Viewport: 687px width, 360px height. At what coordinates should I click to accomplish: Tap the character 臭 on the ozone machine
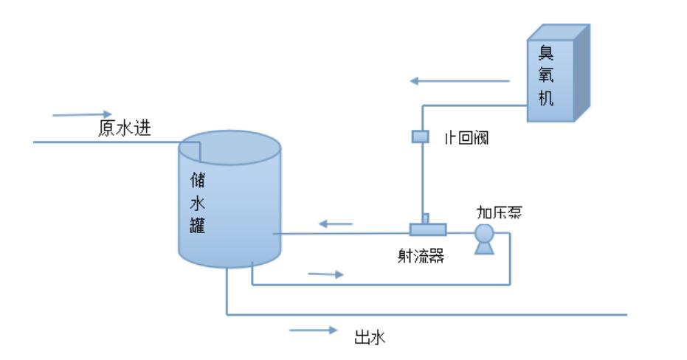click(545, 53)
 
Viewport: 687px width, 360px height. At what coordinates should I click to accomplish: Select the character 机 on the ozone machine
click(545, 98)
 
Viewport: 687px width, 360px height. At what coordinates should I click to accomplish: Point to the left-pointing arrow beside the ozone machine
click(460, 81)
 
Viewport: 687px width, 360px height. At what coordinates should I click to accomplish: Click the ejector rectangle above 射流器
click(429, 228)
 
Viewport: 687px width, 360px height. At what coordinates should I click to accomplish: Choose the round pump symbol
click(484, 234)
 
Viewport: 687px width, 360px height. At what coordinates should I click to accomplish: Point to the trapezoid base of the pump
click(484, 249)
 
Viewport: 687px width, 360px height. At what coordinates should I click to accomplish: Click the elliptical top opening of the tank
click(230, 147)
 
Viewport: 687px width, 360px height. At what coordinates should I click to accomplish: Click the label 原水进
click(125, 128)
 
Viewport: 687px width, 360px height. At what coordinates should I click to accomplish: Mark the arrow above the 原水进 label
click(77, 114)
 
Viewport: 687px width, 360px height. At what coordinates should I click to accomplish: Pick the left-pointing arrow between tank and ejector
click(334, 221)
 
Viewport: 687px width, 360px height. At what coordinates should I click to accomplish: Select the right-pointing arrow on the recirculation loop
click(325, 274)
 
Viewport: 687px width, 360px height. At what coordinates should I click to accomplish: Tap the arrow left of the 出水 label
click(313, 330)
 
